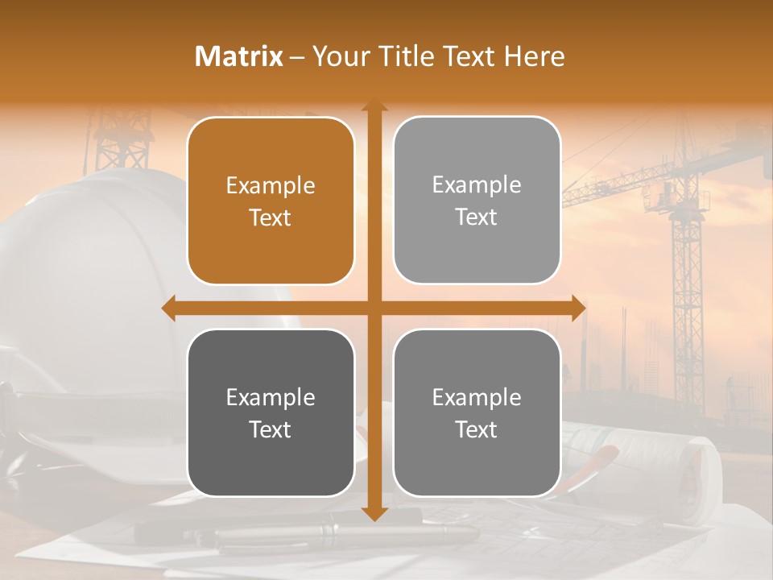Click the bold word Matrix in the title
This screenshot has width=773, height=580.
pyautogui.click(x=238, y=56)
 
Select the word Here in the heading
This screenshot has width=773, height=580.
pyautogui.click(x=535, y=56)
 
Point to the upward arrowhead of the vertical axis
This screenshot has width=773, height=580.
pyautogui.click(x=374, y=106)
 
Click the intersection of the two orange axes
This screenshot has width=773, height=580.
pyautogui.click(x=374, y=309)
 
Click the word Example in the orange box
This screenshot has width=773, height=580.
pyautogui.click(x=271, y=186)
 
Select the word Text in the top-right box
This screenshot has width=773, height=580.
pyautogui.click(x=477, y=217)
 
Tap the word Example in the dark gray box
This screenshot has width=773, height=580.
pyautogui.click(x=271, y=398)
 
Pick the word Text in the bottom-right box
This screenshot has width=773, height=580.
pyautogui.click(x=477, y=429)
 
